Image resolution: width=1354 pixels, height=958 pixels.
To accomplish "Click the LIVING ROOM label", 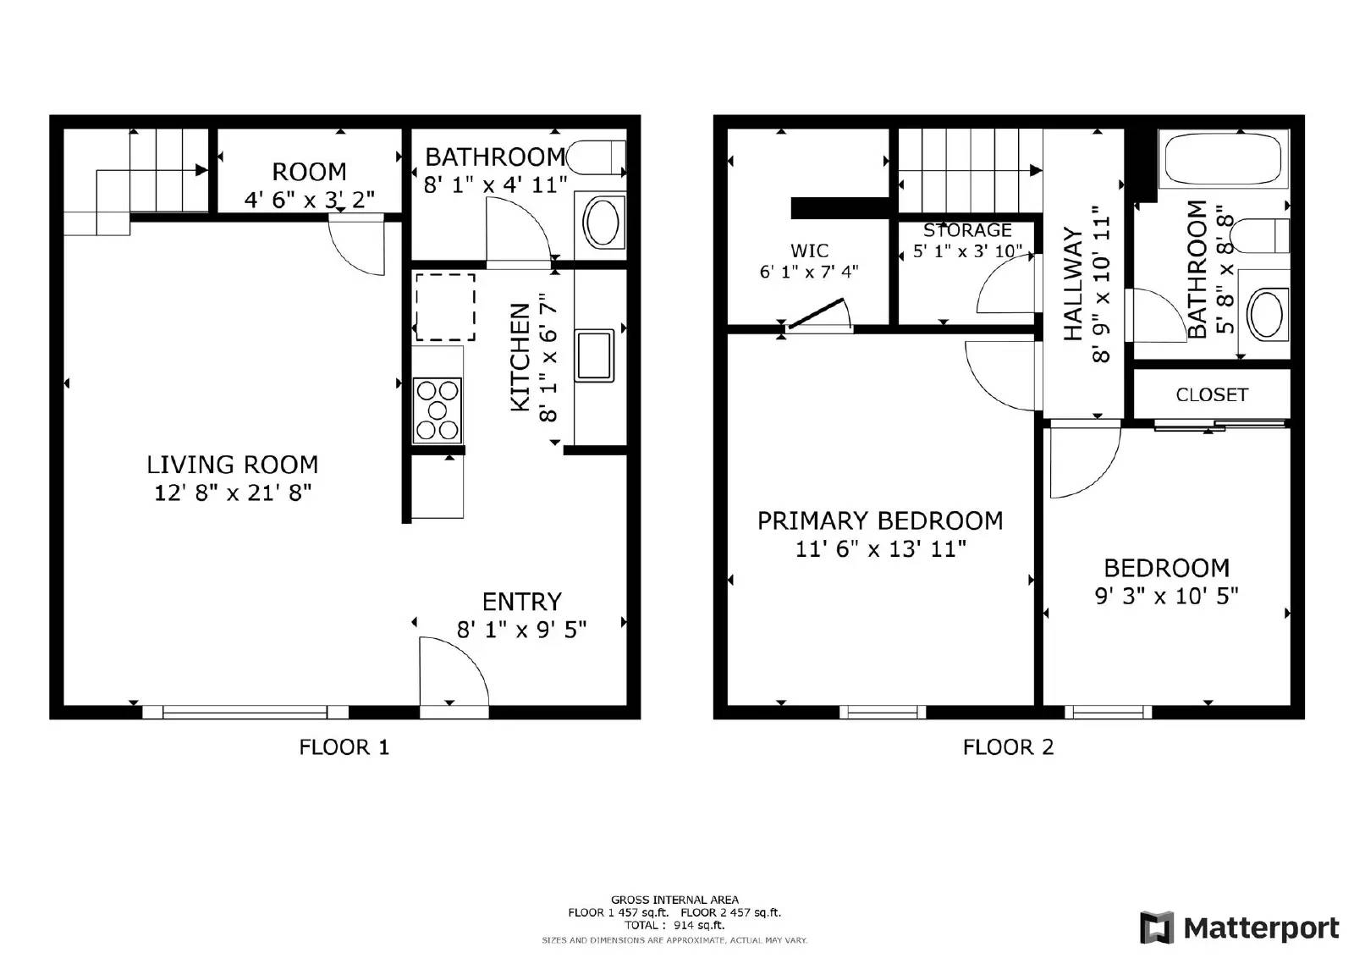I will point(232,465).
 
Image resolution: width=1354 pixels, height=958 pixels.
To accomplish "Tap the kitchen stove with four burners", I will point(437,410).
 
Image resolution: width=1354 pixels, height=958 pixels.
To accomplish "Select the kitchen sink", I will point(595,355).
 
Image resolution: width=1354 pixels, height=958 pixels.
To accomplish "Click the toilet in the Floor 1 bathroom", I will point(596,157).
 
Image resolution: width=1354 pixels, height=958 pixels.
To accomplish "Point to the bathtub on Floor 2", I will point(1225,158).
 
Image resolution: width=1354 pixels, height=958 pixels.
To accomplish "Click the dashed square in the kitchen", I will point(445,306).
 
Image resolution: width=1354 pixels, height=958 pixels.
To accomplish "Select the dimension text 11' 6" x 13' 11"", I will point(880,549).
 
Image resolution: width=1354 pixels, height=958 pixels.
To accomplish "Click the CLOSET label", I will point(1211,395).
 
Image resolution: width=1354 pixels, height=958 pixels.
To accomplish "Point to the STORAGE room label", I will point(967,230).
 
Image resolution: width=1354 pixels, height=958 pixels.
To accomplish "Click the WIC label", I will point(809,251).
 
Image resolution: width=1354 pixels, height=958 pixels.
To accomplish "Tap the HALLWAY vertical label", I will point(1072,284).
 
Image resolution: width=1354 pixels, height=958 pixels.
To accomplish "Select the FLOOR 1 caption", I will point(344,747).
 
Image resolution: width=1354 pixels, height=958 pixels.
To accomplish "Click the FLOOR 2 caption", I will point(1008,747).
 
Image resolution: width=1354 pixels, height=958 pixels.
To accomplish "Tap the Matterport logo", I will point(1239,928).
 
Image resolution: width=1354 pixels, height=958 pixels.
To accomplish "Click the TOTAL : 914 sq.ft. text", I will point(674,925).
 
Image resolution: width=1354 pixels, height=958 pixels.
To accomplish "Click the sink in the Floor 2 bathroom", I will point(1265,314).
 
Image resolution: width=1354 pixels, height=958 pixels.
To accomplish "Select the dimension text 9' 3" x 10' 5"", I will point(1166,597).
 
